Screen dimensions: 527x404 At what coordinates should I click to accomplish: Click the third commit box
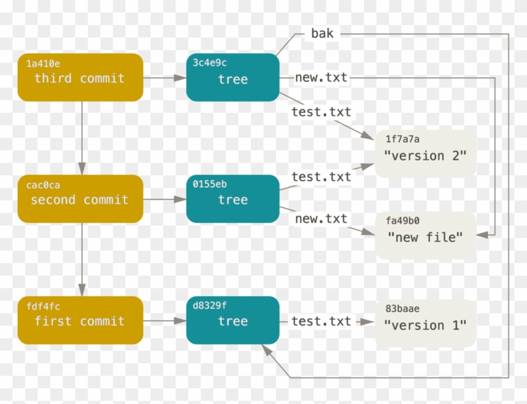click(80, 77)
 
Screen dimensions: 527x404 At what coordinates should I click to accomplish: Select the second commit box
click(80, 199)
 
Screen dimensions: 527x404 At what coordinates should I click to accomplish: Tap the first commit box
click(80, 320)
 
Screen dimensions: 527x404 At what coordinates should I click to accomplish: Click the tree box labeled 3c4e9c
click(233, 77)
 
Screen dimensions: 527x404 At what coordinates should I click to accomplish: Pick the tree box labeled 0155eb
click(233, 199)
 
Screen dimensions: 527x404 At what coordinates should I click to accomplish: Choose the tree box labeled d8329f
click(233, 320)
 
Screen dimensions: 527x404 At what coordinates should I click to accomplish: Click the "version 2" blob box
click(425, 153)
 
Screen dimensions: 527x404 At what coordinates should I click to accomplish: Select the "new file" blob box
click(425, 236)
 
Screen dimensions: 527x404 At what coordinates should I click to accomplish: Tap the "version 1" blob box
click(425, 323)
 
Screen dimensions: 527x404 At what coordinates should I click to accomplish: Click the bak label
click(322, 33)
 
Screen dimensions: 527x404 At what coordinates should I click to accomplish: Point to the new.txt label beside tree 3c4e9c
click(321, 78)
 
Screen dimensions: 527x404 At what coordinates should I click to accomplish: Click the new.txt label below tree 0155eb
click(321, 219)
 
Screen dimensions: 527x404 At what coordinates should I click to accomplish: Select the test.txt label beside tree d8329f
click(321, 321)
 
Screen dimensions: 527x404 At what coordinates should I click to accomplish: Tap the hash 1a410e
click(43, 63)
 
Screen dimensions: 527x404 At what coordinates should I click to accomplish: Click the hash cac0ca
click(43, 185)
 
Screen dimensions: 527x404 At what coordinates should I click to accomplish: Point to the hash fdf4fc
click(43, 306)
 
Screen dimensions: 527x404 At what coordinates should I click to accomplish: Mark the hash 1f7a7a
click(402, 139)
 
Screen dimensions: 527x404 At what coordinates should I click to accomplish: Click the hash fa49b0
click(402, 220)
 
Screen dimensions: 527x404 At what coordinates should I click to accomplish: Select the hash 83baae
click(402, 309)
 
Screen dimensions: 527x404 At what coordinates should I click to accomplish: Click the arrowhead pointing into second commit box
click(82, 168)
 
